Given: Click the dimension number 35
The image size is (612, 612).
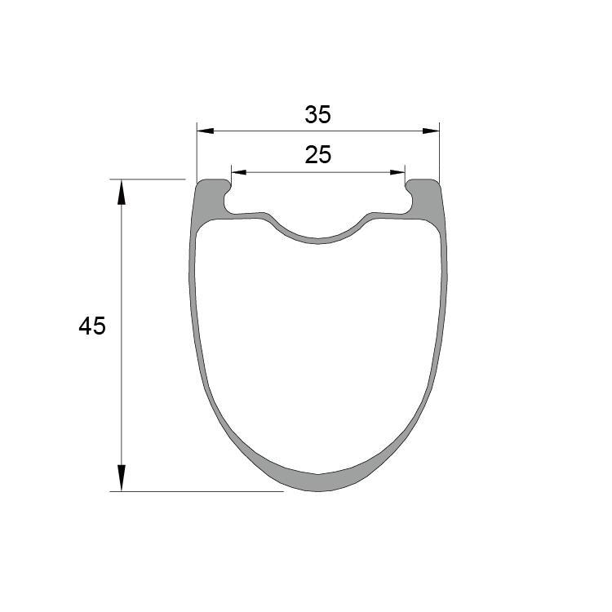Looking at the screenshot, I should (318, 115).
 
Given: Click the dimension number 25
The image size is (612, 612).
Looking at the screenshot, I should (318, 155).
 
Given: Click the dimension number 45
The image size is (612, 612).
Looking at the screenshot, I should (92, 326).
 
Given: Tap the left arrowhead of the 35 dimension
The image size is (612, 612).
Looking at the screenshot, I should (204, 131).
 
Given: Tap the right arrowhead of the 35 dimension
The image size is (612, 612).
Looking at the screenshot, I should (432, 131).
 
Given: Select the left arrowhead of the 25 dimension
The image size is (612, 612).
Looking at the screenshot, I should (238, 172).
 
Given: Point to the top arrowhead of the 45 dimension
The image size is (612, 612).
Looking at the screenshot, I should (122, 190).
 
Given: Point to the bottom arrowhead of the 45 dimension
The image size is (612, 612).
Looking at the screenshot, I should (122, 479).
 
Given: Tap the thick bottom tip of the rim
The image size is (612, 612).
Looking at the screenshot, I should (318, 482).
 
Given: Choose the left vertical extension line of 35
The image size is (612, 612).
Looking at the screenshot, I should (197, 151).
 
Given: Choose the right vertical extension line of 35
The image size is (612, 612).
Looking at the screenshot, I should (439, 151).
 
